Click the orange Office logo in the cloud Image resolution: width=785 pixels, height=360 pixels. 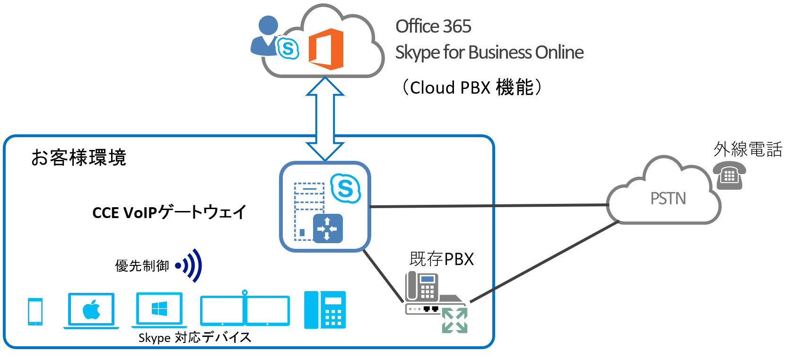326,49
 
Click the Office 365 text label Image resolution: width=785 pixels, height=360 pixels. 433,26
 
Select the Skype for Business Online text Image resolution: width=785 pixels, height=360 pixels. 489,53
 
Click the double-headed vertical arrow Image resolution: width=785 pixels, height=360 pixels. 325,119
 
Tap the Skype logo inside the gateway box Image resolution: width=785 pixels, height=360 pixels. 345,188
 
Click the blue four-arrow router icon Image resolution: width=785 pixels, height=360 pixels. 328,229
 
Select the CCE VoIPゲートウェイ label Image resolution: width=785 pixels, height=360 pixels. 169,212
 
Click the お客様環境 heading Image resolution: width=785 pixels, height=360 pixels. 78,158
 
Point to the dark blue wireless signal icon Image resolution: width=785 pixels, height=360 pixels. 190,265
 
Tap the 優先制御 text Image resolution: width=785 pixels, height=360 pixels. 142,266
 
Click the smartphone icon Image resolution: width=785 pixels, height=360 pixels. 35,311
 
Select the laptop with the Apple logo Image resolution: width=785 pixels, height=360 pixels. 91,310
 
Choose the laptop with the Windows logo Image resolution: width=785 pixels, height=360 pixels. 159,310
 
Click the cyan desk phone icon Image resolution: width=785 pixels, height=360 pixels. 325,310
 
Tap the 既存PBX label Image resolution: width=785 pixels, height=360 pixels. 441,259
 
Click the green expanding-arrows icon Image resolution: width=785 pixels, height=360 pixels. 454,320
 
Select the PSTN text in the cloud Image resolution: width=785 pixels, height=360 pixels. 668,198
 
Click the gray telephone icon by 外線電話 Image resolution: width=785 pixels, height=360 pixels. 729,175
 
